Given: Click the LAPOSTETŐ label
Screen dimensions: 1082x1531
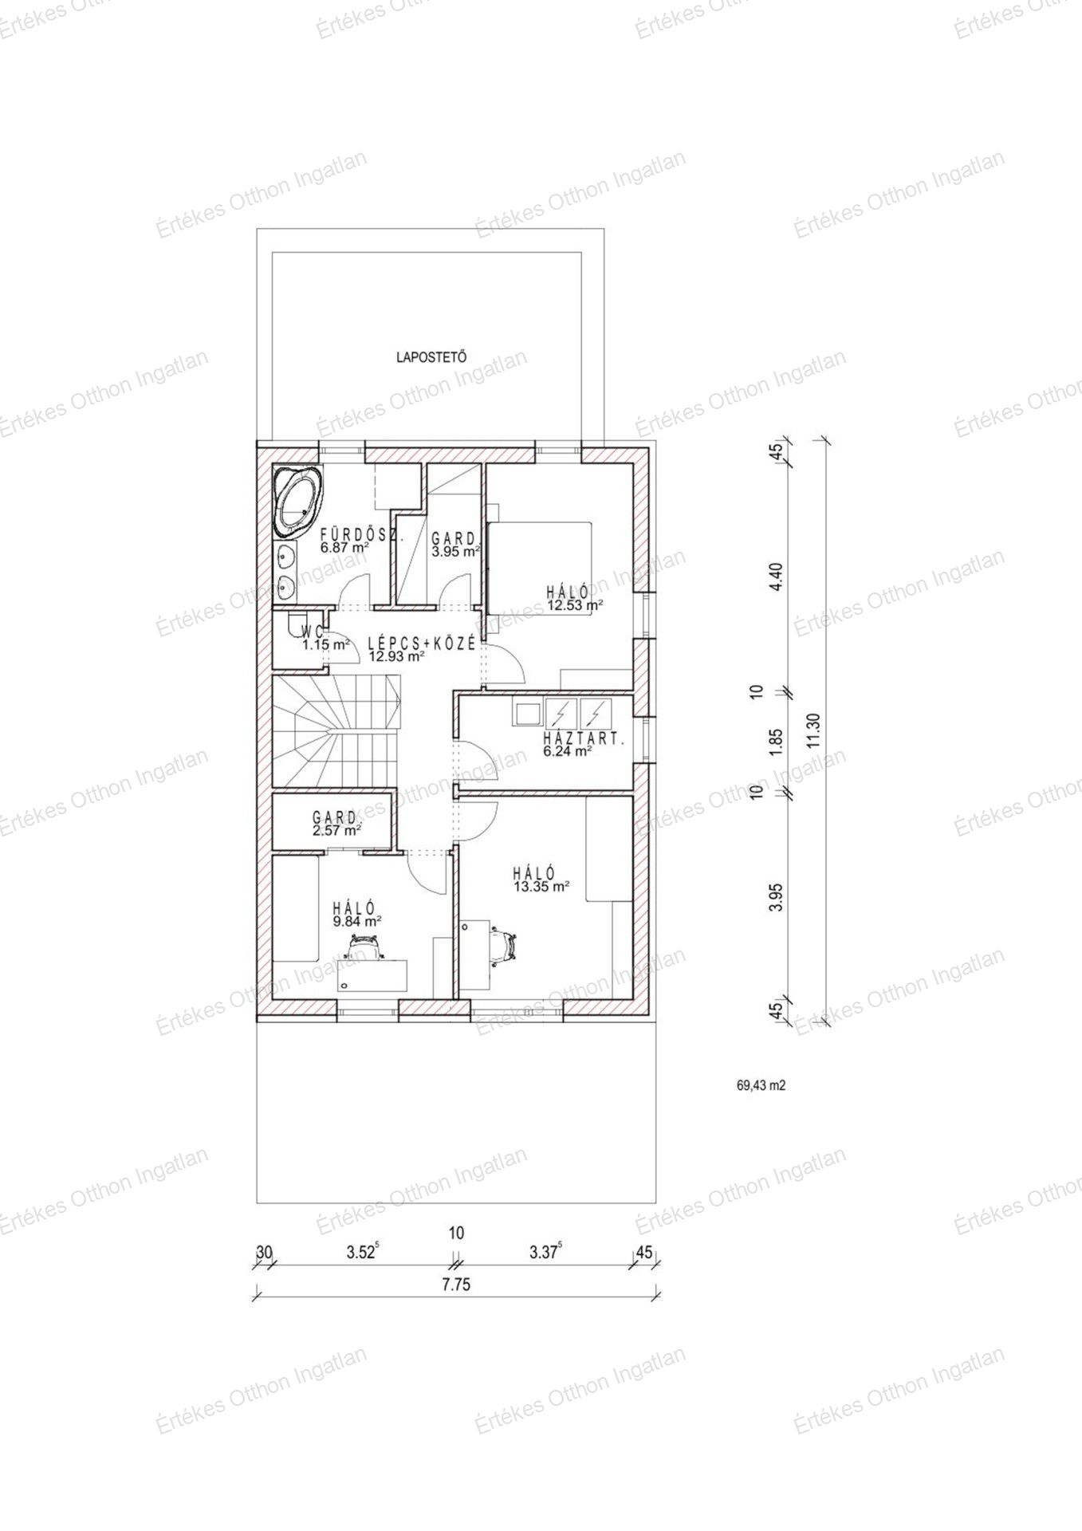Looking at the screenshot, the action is point(431,357).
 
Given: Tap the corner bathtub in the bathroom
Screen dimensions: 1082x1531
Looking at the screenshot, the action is point(300,501).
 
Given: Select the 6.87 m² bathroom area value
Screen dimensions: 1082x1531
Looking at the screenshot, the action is point(344,549).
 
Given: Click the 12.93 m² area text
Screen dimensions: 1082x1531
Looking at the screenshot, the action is point(396,657).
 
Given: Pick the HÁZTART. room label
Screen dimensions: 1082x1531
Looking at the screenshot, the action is point(584,738).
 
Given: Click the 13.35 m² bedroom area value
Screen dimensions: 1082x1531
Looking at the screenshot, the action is point(541,886).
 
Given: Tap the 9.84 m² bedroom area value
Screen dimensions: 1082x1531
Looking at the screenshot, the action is point(357,921).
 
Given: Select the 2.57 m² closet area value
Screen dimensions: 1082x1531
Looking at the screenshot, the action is point(337,830).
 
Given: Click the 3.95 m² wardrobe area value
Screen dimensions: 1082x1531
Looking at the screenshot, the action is point(455,551).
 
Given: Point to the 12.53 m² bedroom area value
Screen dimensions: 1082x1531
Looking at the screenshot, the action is point(574,605).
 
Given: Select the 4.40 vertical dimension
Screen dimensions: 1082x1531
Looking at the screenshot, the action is point(778,576).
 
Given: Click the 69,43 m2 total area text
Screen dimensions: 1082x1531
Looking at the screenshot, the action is point(761,1084).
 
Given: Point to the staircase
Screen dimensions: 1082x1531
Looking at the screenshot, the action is point(336,730).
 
